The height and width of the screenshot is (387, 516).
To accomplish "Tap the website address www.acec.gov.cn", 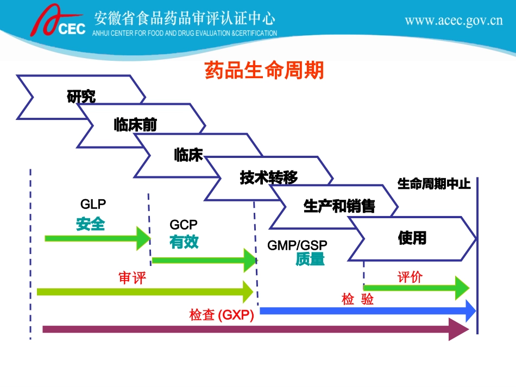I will [454, 21].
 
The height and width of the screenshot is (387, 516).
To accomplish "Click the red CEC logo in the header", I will [57, 23].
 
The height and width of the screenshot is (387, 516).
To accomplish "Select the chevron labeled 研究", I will [81, 97].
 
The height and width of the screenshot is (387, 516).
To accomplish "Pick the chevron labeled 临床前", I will [135, 125].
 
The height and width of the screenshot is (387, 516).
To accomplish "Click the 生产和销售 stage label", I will [339, 206].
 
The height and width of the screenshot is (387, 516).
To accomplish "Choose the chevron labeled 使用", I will [412, 238].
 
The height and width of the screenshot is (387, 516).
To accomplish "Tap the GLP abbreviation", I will [93, 204].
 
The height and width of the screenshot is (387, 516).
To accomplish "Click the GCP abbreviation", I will [184, 225].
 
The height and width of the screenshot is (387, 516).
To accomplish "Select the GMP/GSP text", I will [297, 245].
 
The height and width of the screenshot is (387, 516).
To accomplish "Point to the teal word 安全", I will [90, 224].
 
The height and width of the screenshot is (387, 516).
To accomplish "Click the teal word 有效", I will [184, 242].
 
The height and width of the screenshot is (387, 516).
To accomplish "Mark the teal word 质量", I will [310, 260].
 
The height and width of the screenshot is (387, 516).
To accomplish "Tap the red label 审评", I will [133, 278].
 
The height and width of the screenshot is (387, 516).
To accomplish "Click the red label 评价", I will [410, 277].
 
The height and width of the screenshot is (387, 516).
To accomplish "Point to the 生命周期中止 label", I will [434, 184].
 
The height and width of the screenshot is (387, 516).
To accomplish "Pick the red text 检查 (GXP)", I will [222, 315].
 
